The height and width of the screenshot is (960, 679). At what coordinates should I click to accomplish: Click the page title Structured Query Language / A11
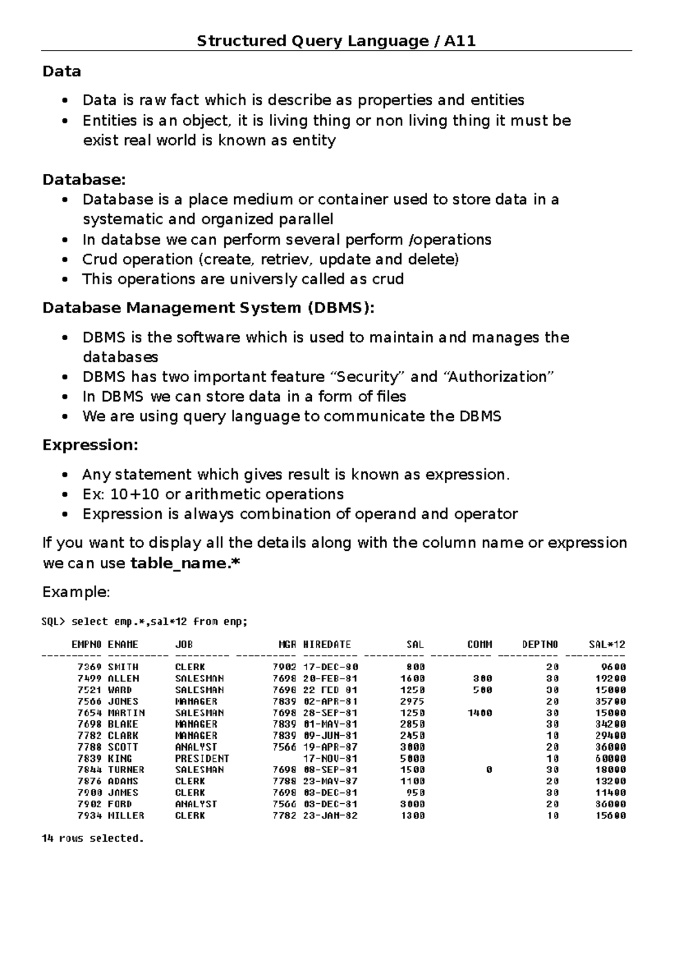click(x=336, y=41)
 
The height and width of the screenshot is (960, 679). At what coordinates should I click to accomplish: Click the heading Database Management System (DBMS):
click(x=209, y=308)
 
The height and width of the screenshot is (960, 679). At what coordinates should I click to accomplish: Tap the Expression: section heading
click(x=91, y=445)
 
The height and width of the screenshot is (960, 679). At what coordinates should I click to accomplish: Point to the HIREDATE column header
click(x=327, y=644)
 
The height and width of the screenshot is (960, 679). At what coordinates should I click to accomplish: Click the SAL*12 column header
click(x=607, y=644)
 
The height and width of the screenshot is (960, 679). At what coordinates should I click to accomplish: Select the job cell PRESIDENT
click(x=202, y=758)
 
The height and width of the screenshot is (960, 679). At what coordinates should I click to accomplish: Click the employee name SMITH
click(x=123, y=667)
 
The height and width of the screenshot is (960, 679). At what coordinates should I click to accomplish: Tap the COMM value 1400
click(x=479, y=713)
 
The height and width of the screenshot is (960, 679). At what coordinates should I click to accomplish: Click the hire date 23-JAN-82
click(x=330, y=816)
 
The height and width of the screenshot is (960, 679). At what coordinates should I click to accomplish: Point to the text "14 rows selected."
click(x=93, y=838)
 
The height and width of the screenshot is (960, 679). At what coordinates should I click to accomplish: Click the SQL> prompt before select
click(x=54, y=622)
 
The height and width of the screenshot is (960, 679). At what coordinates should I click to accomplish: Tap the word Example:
click(x=76, y=593)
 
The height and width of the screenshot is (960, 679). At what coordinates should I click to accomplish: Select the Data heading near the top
click(x=62, y=71)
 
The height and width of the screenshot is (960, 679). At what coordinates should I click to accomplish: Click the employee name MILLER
click(x=126, y=816)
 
